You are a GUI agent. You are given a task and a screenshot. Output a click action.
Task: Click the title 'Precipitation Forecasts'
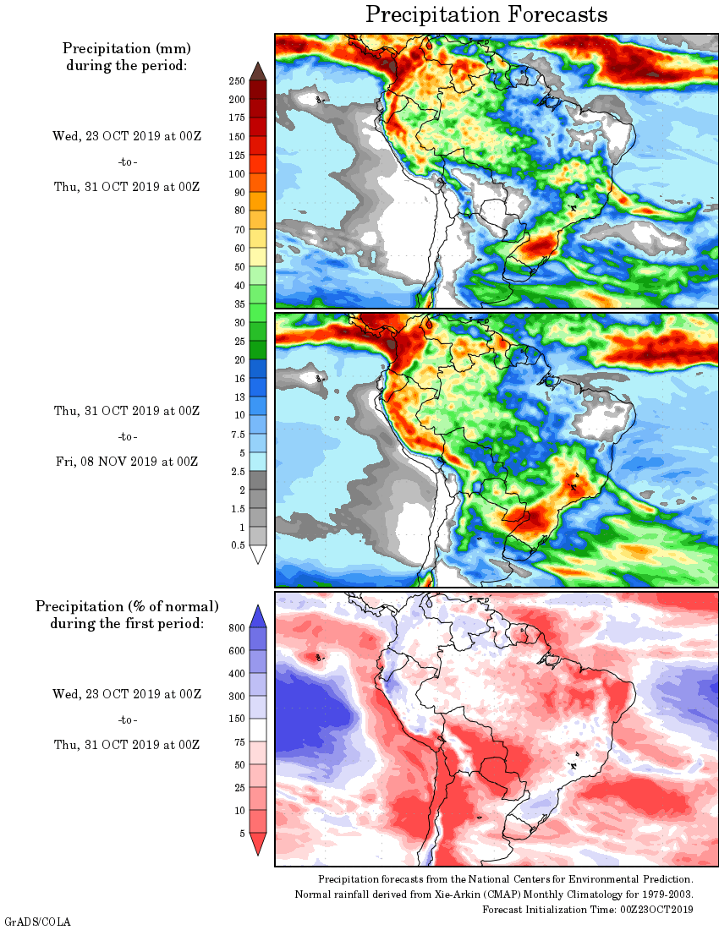[486, 14]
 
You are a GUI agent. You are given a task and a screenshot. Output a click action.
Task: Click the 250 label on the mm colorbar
[236, 80]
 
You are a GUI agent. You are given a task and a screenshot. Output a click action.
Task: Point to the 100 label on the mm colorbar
[236, 173]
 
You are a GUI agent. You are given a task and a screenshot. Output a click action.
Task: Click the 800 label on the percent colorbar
[236, 628]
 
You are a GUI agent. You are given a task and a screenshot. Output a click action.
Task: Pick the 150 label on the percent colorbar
[236, 719]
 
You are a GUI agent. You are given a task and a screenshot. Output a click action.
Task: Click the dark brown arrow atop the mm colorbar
[259, 71]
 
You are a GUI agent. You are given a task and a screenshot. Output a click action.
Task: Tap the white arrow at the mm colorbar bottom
[259, 555]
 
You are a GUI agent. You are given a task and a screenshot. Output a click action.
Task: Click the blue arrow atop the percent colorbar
[259, 616]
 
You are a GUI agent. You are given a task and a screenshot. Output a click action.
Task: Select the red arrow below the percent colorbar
[259, 844]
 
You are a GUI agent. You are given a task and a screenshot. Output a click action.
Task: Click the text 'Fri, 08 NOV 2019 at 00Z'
[126, 462]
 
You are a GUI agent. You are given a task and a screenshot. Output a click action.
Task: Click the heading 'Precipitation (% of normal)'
[127, 606]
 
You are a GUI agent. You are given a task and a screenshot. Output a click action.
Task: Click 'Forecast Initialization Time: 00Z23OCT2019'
[588, 909]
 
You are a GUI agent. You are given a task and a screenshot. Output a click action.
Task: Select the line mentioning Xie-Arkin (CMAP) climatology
[494, 894]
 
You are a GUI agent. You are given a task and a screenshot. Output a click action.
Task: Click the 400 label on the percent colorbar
[236, 674]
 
